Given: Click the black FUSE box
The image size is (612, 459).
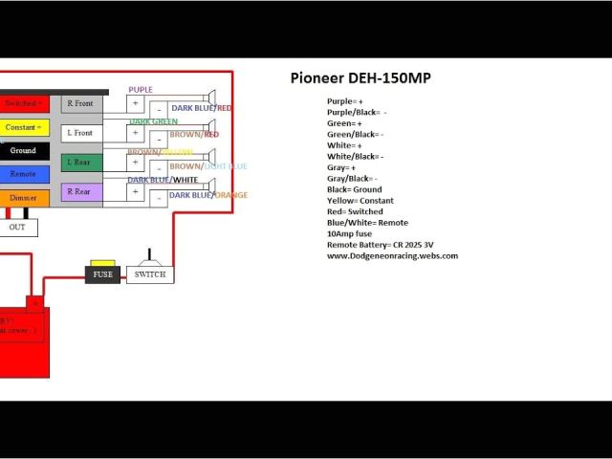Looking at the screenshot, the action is [102, 274].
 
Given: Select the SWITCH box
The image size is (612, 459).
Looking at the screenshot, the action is [150, 274].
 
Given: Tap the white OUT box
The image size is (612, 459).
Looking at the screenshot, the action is [17, 228].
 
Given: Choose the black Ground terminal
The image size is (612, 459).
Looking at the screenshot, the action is [23, 151].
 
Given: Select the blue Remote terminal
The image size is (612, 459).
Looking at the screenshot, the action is [23, 174].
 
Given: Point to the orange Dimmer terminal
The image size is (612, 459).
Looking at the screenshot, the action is [23, 198].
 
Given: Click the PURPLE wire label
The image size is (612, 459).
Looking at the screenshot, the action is [141, 90].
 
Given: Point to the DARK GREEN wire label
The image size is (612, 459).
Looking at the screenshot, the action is [153, 121].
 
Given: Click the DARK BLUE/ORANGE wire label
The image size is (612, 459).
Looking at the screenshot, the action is [208, 195].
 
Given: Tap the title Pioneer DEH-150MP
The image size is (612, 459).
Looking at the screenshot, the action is [361, 78].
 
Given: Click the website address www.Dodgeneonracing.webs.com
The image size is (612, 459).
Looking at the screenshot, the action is [392, 255].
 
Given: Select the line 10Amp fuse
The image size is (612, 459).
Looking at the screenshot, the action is [351, 233].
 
